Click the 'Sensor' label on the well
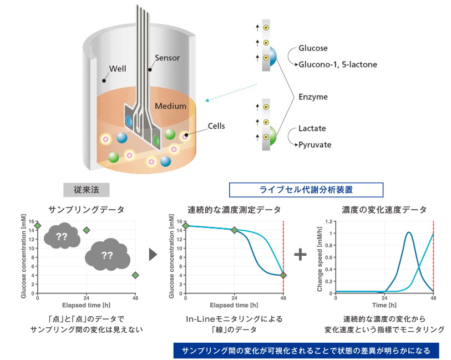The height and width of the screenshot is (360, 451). click(x=167, y=58)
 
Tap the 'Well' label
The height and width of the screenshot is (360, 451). click(x=117, y=69)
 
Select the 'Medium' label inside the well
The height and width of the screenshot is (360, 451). click(x=170, y=106)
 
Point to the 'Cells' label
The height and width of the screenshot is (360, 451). click(x=216, y=126)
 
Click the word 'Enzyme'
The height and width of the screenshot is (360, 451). click(x=313, y=97)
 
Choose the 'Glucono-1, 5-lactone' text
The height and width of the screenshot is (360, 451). click(x=338, y=64)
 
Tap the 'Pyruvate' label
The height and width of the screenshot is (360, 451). click(x=315, y=145)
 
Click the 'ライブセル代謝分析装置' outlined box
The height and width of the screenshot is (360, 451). click(x=306, y=190)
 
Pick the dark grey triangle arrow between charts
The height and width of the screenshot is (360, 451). click(x=153, y=255)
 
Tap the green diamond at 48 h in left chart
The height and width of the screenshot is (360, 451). click(x=135, y=275)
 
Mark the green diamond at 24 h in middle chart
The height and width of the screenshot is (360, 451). click(x=234, y=230)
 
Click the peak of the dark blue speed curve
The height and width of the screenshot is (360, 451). click(x=408, y=232)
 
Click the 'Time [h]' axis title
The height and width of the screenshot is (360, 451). click(x=384, y=305)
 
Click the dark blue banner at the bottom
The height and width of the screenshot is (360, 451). click(x=306, y=351)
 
